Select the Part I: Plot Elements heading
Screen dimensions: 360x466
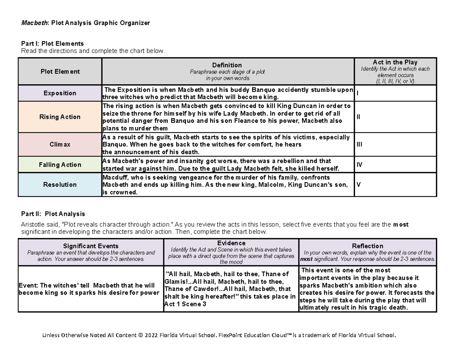pyautogui.click(x=52, y=43)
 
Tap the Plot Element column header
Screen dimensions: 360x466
pyautogui.click(x=60, y=71)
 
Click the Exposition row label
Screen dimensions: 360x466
pyautogui.click(x=60, y=93)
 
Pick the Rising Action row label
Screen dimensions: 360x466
pyautogui.click(x=60, y=117)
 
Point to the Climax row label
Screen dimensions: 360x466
pyautogui.click(x=60, y=144)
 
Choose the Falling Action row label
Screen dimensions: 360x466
pyautogui.click(x=60, y=165)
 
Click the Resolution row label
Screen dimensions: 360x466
pyautogui.click(x=60, y=184)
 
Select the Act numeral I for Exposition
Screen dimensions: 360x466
pyautogui.click(x=357, y=94)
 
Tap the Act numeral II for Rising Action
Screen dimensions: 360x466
pyautogui.click(x=358, y=117)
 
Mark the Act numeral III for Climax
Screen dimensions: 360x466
pyautogui.click(x=359, y=144)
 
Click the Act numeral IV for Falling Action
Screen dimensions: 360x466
pyautogui.click(x=359, y=165)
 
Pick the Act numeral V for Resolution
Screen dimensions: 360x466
pyautogui.click(x=358, y=184)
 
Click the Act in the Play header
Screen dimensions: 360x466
pyautogui.click(x=395, y=62)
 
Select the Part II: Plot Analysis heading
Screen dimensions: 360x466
pyautogui.click(x=53, y=214)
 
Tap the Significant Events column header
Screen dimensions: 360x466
pyautogui.click(x=91, y=246)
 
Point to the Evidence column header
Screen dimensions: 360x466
pyautogui.click(x=231, y=243)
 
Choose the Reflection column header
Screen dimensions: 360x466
pyautogui.click(x=367, y=246)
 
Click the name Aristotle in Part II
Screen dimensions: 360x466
pyautogui.click(x=33, y=224)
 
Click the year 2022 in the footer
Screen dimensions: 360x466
pyautogui.click(x=151, y=336)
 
